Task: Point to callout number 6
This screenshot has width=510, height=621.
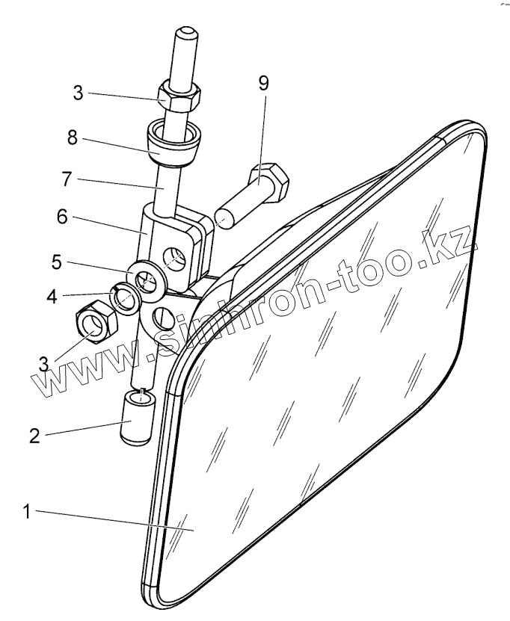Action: point(62,217)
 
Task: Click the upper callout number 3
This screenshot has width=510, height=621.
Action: point(79,93)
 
